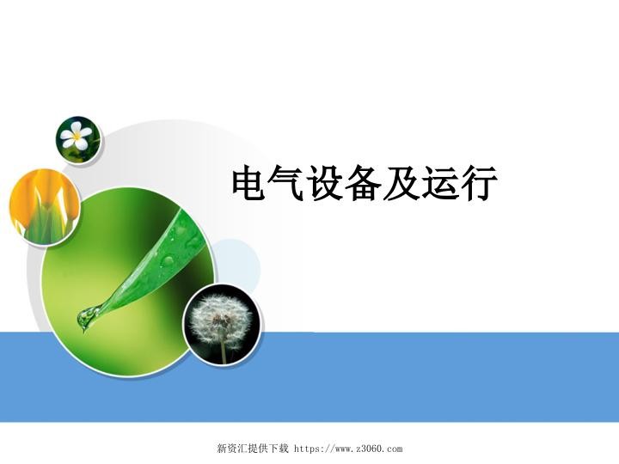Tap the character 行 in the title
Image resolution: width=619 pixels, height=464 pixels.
tap(478, 185)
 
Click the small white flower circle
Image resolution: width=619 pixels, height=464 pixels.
tap(78, 137)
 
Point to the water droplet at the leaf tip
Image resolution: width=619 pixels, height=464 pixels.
tap(85, 319)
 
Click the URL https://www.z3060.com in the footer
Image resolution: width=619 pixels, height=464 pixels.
tap(348, 449)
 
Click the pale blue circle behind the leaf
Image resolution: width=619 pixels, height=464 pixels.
tap(234, 262)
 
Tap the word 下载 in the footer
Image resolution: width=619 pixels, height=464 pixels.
tap(279, 449)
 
